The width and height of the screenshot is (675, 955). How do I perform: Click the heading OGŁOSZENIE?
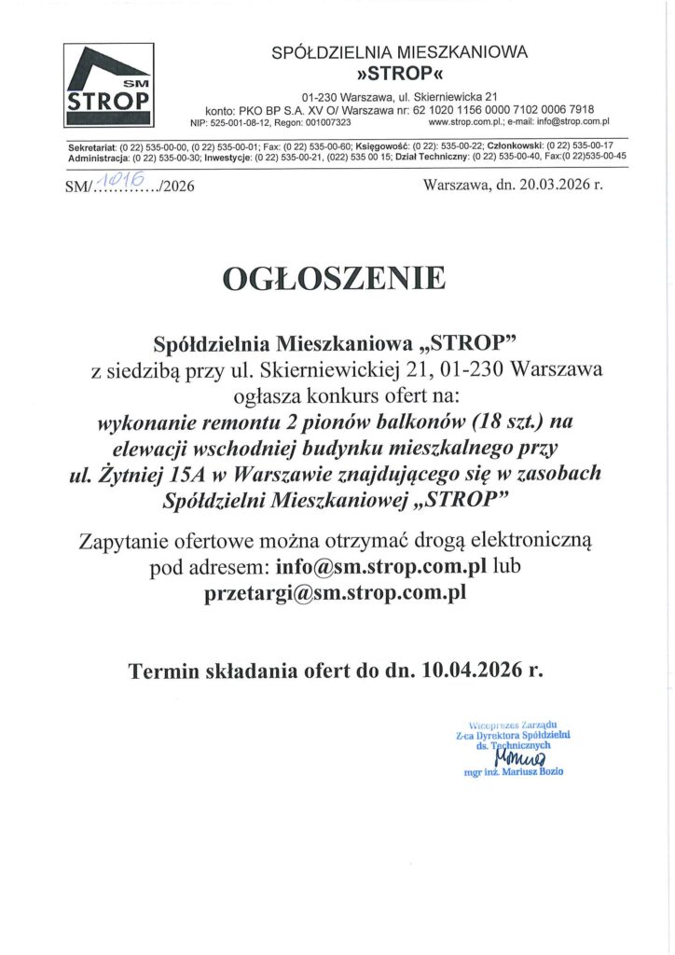pyautogui.click(x=333, y=278)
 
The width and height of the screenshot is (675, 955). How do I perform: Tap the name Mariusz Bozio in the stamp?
pyautogui.click(x=529, y=773)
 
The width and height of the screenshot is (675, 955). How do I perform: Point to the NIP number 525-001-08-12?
pyautogui.click(x=244, y=122)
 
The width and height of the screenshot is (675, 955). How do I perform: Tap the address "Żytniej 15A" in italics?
pyautogui.click(x=147, y=476)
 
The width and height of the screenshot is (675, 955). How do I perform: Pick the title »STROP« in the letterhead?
pyautogui.click(x=400, y=73)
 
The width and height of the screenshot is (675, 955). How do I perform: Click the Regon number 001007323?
pyautogui.click(x=324, y=122)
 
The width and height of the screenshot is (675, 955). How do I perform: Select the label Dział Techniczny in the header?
pyautogui.click(x=430, y=158)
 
